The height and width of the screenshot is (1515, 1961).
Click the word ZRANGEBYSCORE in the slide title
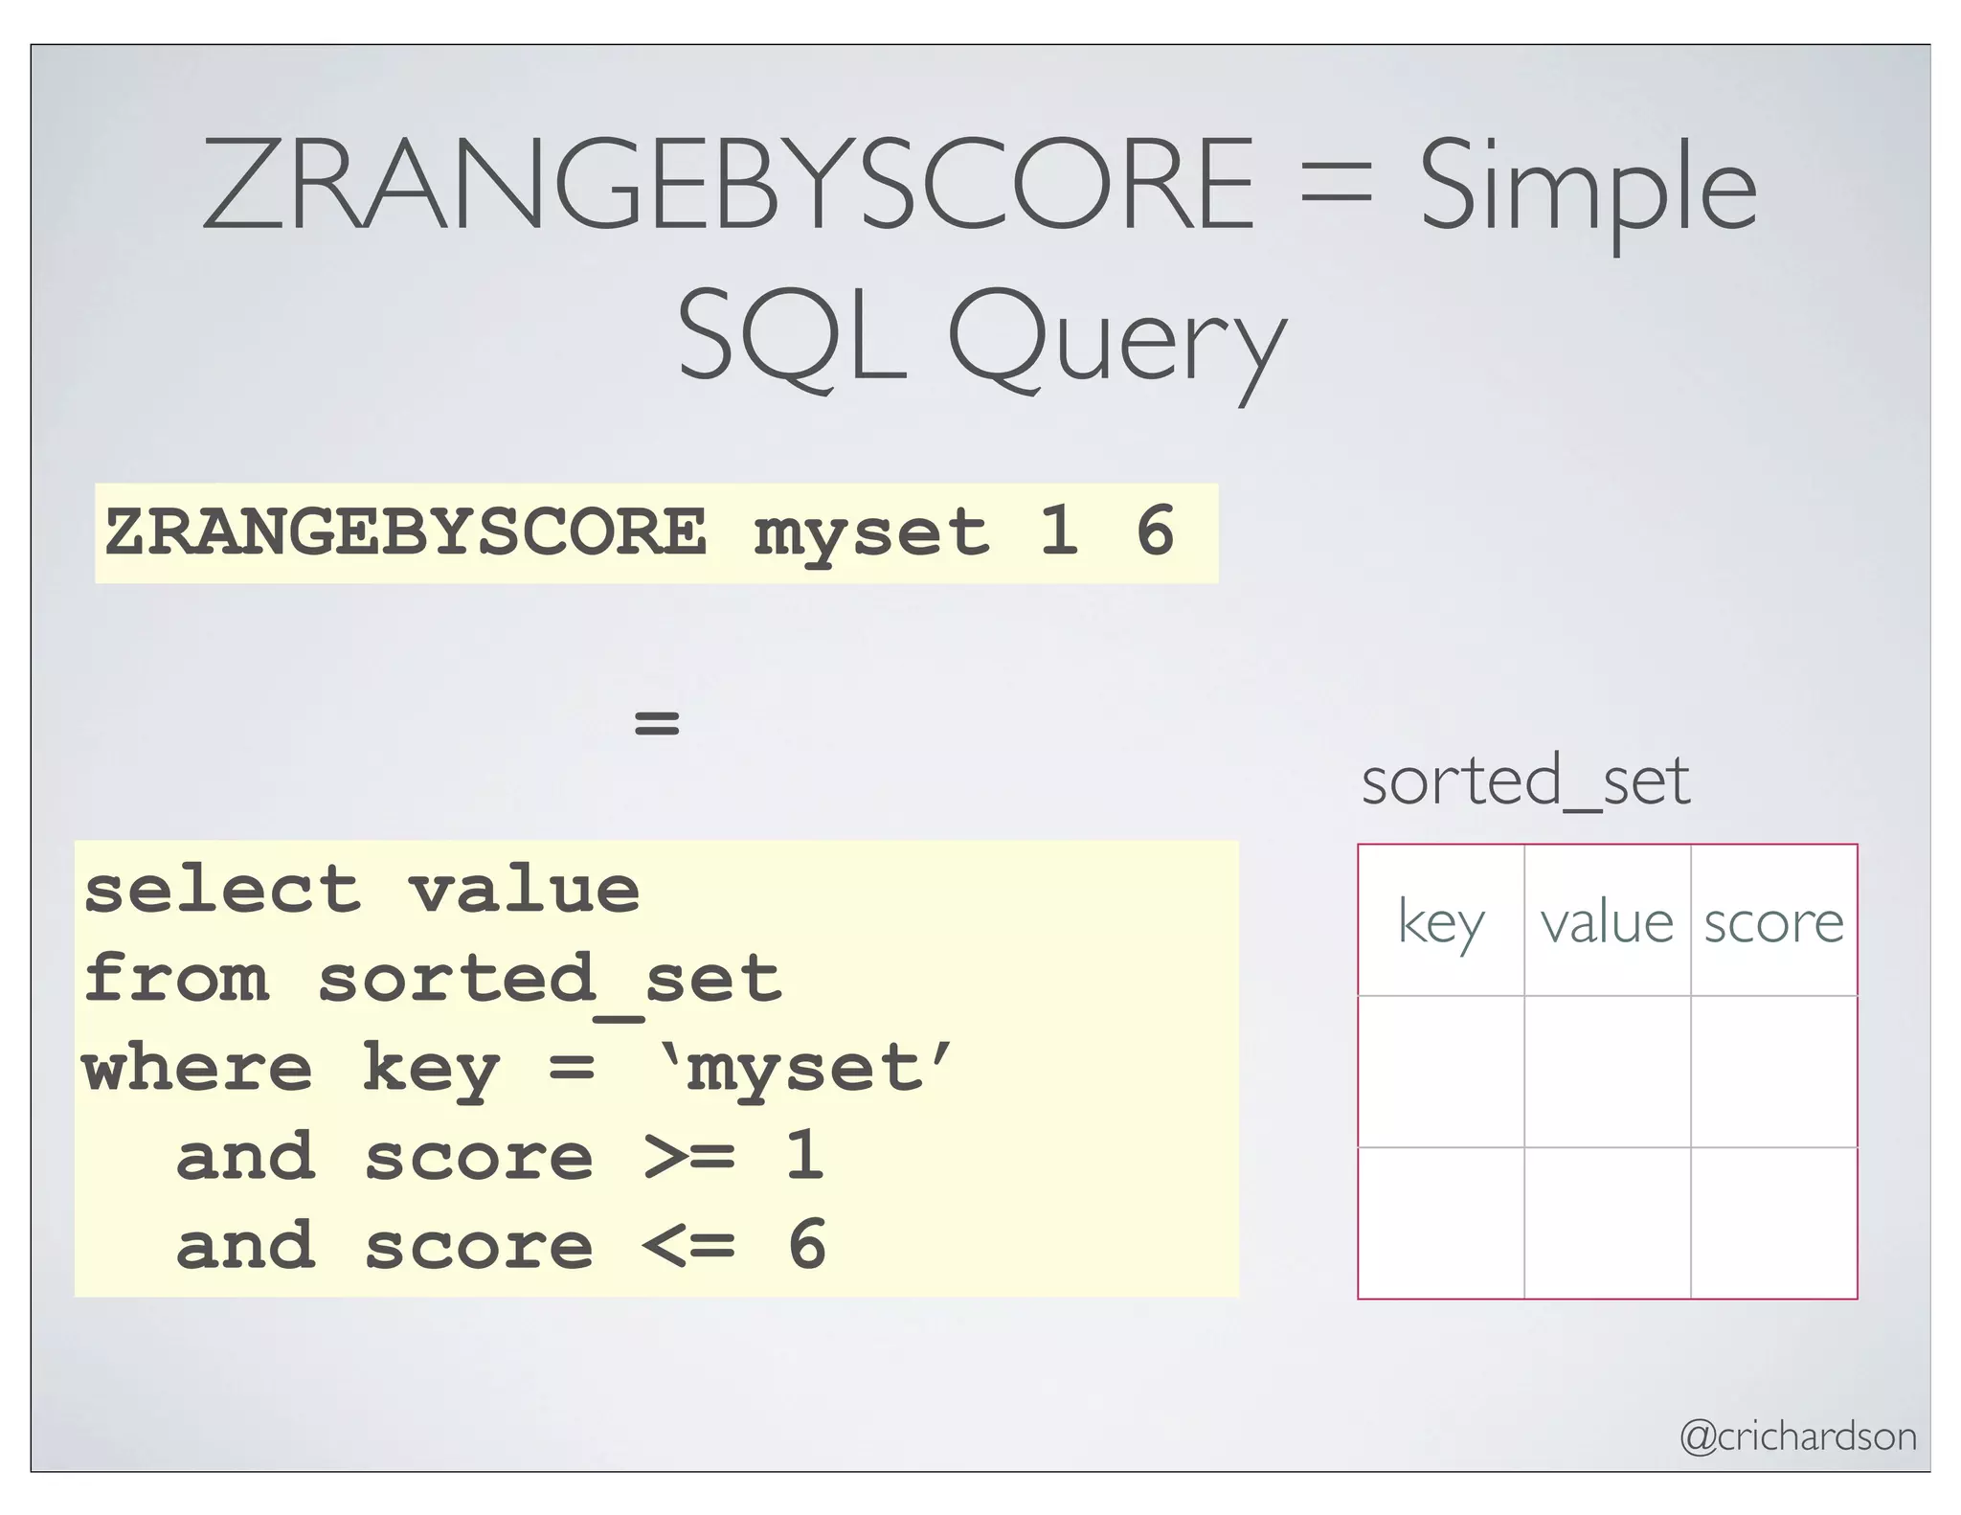pos(728,184)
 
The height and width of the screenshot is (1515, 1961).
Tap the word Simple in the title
pos(1588,189)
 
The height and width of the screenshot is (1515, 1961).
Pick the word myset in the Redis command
pos(870,532)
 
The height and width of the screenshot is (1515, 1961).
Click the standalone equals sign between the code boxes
pos(657,721)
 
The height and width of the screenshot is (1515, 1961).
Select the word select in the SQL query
pos(222,890)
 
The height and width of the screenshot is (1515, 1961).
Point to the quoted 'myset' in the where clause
pos(806,1069)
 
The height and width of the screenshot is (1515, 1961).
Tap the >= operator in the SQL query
pos(689,1157)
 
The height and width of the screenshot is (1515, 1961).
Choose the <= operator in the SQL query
pos(689,1245)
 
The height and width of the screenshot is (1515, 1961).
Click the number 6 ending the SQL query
pos(807,1245)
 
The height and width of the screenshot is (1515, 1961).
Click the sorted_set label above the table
pos(1525,780)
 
